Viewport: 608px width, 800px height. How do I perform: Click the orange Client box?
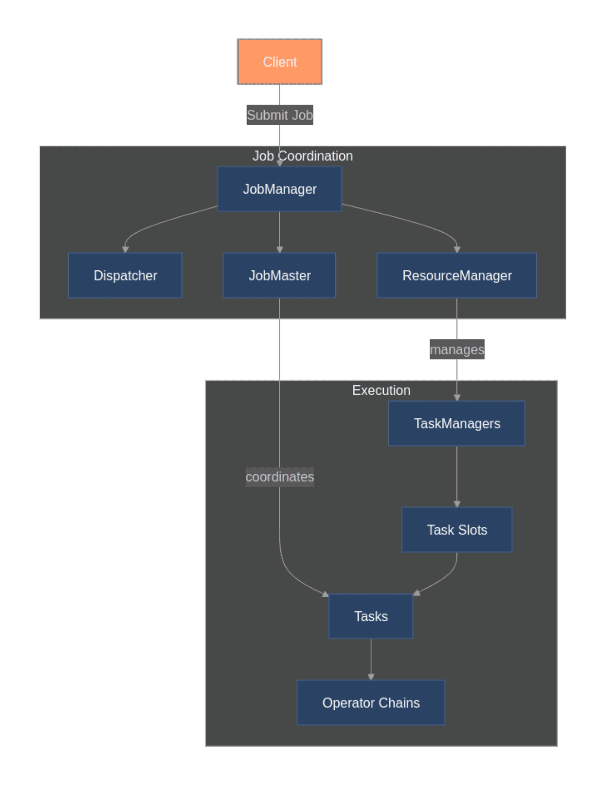click(279, 62)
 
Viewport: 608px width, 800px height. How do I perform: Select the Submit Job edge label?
click(279, 115)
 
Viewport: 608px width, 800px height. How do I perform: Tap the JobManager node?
click(279, 189)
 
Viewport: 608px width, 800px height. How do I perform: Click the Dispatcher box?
click(125, 275)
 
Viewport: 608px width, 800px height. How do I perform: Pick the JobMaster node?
click(279, 275)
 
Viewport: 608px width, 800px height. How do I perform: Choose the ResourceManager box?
click(457, 275)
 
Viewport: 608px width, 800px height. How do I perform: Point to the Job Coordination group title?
click(302, 156)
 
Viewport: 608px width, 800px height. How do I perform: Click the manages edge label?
click(457, 350)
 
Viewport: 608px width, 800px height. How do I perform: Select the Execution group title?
click(381, 390)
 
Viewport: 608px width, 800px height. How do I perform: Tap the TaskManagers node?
click(457, 423)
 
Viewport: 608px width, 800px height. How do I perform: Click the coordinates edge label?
click(279, 477)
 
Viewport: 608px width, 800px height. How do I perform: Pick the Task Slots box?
click(457, 530)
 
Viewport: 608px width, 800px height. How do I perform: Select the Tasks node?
click(371, 616)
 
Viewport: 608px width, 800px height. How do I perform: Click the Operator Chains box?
click(371, 703)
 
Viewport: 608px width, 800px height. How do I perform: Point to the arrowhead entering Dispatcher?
click(125, 250)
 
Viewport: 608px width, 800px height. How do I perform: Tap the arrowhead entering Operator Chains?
click(371, 677)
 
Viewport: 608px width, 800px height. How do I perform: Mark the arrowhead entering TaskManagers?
click(457, 397)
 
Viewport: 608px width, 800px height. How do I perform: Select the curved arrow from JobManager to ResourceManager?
click(412, 220)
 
